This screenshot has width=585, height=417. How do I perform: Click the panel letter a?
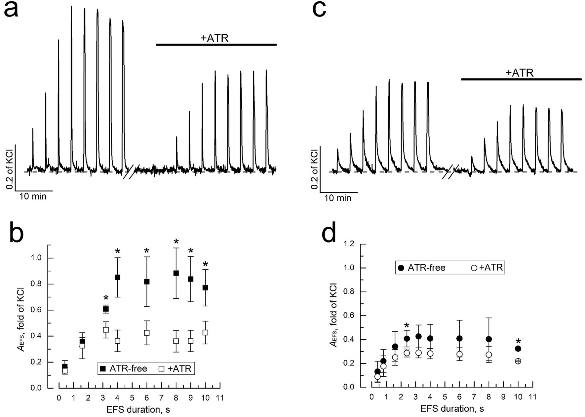[11, 10]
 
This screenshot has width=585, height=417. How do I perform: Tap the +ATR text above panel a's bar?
[214, 38]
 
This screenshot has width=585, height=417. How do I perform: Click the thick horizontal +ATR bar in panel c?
[521, 79]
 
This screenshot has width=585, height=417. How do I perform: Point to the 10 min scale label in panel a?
[33, 197]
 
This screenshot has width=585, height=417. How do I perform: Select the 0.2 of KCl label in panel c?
[314, 169]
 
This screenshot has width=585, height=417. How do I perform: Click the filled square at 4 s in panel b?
[117, 277]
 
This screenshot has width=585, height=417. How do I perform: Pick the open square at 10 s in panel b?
[205, 332]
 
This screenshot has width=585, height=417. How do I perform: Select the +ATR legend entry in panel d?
[487, 268]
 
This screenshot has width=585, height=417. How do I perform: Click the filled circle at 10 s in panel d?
[518, 349]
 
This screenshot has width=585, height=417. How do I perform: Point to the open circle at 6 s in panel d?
[459, 354]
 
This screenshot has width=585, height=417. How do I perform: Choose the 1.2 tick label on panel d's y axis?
[349, 244]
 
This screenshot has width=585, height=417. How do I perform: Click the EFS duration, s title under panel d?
[452, 409]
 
